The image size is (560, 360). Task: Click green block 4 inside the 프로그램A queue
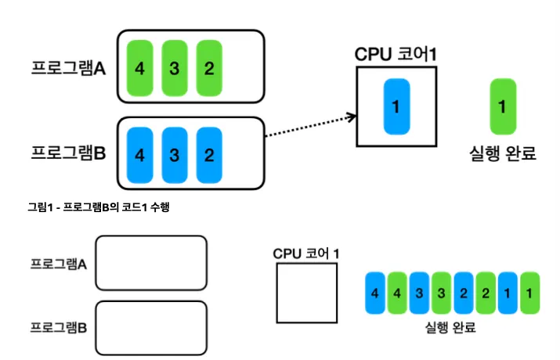point(139,67)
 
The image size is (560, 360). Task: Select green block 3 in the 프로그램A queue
point(174,67)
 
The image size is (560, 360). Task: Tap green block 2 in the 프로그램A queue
point(208,67)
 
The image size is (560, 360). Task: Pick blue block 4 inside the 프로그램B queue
point(139,153)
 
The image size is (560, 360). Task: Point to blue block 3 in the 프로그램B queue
point(174,153)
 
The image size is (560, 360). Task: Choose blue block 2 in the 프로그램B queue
point(208,153)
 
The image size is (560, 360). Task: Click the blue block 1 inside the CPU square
point(396,106)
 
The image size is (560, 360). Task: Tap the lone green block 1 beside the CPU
point(502,106)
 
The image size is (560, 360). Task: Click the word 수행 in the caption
point(172,207)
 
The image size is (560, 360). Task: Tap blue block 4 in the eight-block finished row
point(376,293)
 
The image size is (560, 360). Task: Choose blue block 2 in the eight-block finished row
point(464,293)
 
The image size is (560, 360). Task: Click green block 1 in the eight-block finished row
point(531,293)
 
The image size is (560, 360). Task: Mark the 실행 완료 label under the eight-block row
point(449,327)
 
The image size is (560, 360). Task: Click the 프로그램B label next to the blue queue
point(68,154)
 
